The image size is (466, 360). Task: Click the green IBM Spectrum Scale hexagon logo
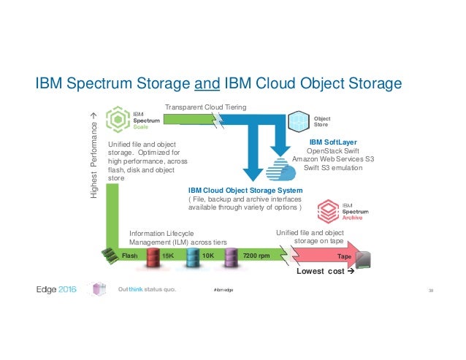tap(117, 119)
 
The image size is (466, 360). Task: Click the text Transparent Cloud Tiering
tap(206, 107)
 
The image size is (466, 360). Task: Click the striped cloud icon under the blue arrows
tap(278, 170)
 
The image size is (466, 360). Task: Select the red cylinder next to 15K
tap(154, 257)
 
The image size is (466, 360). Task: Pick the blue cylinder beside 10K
tap(193, 257)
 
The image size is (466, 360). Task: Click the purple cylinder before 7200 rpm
tap(232, 257)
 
